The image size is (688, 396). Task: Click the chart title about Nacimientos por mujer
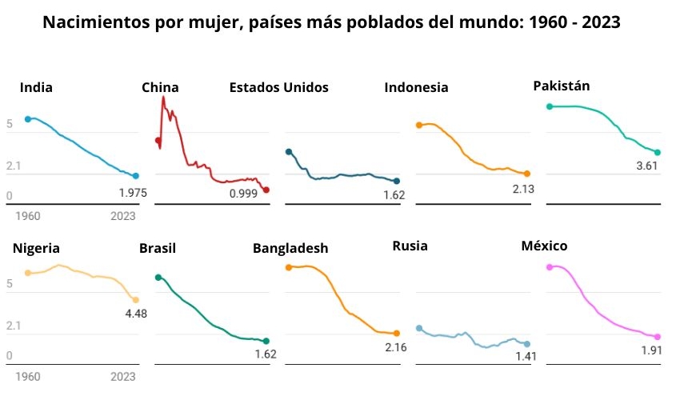pos(330,22)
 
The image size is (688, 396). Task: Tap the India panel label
pos(36,88)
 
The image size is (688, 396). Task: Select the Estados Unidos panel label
pos(278,87)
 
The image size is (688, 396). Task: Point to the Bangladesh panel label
pos(290,248)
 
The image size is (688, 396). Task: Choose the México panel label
pos(544,246)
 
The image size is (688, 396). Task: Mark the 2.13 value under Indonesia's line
pos(523,189)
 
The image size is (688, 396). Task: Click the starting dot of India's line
pos(28,119)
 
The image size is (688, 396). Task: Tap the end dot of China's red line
pos(266,190)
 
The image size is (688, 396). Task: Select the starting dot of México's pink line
pos(549,266)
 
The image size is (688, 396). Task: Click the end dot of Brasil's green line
pos(266,341)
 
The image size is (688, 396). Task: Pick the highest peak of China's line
pos(163,98)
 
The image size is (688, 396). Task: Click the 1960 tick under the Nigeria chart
pos(28,376)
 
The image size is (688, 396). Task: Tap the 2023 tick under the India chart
pos(123,216)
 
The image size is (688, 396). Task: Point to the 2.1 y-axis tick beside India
pos(14,166)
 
